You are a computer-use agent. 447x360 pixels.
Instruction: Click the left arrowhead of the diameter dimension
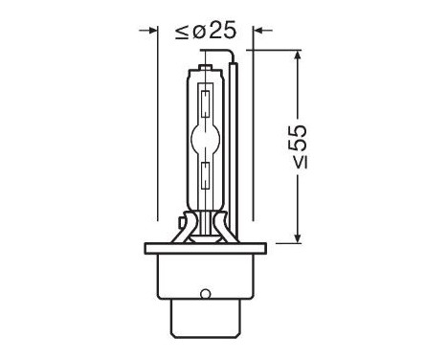pos(150,33)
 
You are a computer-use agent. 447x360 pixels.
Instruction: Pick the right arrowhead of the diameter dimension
pos(257,33)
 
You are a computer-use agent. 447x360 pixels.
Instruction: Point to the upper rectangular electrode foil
pos(207,98)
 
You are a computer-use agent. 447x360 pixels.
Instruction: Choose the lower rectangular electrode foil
pos(207,175)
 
